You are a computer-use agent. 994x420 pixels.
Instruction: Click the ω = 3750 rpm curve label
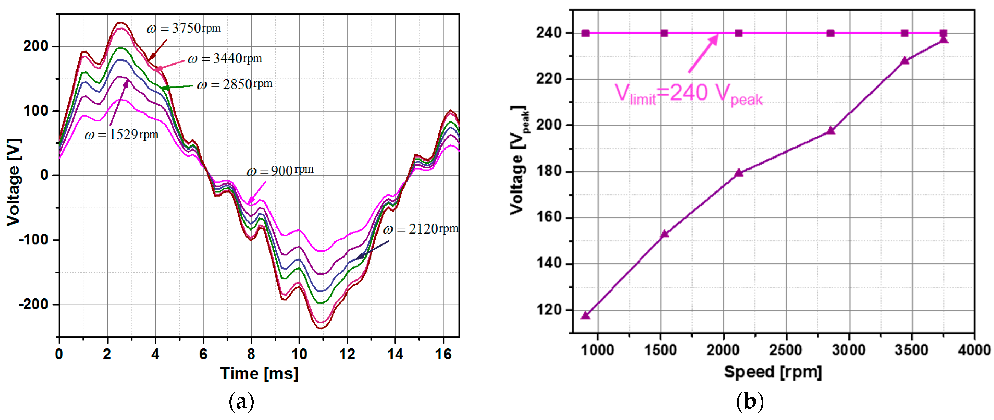(184, 28)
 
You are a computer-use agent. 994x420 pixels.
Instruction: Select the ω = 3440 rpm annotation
(225, 59)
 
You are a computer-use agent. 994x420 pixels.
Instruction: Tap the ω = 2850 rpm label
(235, 84)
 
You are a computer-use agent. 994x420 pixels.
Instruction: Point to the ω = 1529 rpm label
(121, 135)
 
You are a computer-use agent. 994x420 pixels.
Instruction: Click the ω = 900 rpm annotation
(280, 170)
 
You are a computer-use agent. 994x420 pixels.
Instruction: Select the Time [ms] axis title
(259, 373)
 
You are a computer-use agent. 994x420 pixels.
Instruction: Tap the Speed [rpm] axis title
(773, 372)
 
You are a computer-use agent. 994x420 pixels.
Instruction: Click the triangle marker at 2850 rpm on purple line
(830, 131)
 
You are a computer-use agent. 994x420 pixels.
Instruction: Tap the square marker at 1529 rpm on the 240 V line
(664, 33)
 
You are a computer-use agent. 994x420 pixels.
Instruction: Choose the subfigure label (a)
(242, 401)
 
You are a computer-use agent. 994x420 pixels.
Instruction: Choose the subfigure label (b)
(750, 401)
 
